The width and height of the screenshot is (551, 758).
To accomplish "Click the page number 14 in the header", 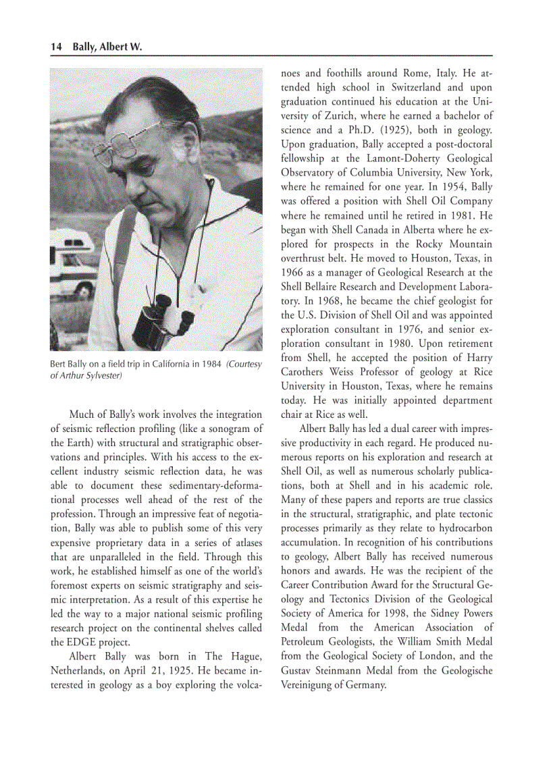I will (56, 47).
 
